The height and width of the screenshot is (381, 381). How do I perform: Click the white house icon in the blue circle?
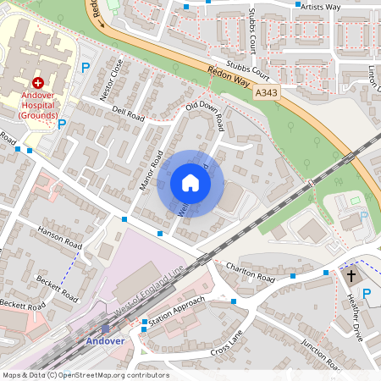coord(190,184)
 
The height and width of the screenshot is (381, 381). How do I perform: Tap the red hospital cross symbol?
coord(38,83)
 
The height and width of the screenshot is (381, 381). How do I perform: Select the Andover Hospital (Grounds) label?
coord(39,105)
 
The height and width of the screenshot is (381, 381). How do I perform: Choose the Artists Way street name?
coord(322,7)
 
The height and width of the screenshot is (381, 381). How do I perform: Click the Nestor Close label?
coord(112,80)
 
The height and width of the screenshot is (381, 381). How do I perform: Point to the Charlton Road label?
coord(251,271)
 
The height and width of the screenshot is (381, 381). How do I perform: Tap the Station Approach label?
coord(178,302)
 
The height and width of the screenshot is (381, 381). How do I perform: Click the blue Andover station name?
coord(105,341)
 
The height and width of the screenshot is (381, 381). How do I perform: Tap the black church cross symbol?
coord(351,276)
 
